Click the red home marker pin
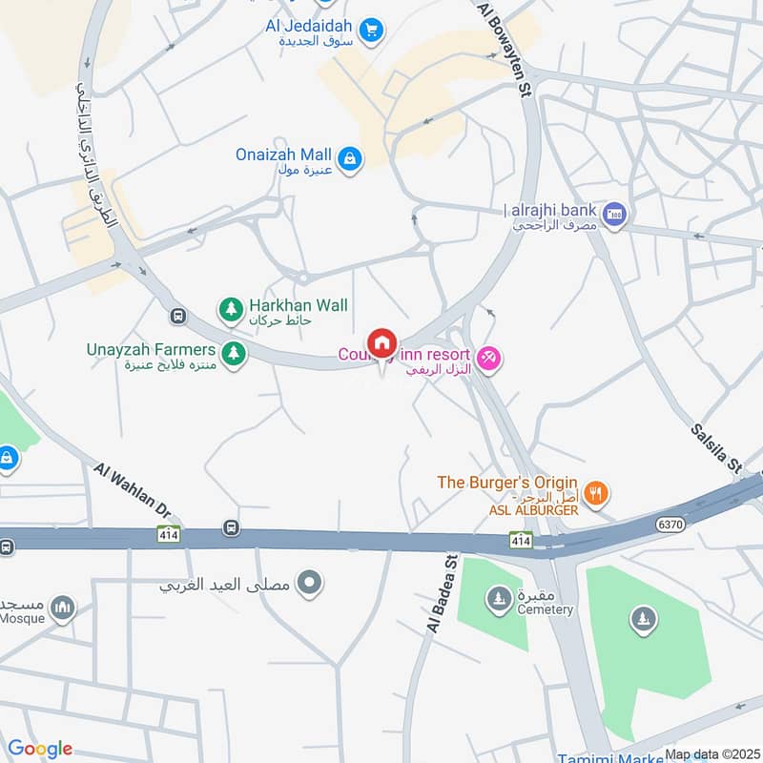coord(382,344)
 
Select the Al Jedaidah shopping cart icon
coord(373,28)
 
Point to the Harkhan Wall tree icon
coord(230,308)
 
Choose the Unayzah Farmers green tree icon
coord(234,353)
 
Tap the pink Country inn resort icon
coord(488,358)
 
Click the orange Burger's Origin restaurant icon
coord(597,493)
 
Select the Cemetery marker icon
coord(497,599)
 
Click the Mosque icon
coord(63,608)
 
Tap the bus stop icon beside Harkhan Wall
coord(177,316)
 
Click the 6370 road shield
coord(670,524)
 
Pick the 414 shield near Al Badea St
coord(520,541)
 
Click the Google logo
coord(39,749)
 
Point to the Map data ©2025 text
coord(711,754)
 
